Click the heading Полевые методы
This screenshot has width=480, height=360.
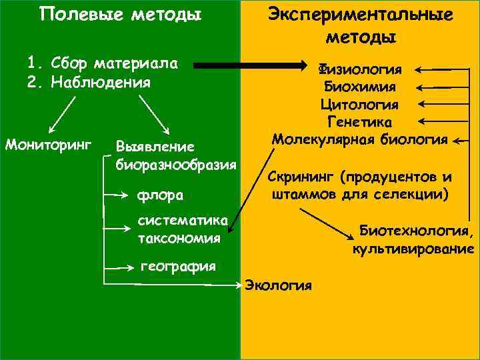[x=120, y=15]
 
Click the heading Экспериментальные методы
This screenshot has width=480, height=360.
[x=360, y=25]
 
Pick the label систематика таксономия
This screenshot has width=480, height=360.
[x=182, y=229]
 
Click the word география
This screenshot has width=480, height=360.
[x=179, y=267]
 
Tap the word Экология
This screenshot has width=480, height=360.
[x=279, y=285]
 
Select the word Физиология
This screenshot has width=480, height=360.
[x=360, y=69]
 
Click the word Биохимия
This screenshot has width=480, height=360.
[x=360, y=87]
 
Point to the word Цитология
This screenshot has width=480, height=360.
[x=360, y=105]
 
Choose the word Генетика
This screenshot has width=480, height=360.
[x=360, y=122]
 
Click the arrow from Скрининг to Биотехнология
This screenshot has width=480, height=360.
[x=327, y=223]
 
